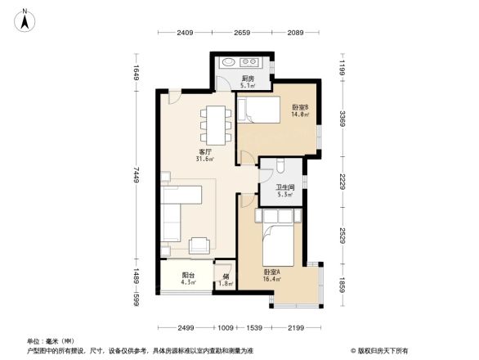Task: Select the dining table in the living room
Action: tap(214, 124)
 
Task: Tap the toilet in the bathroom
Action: tap(279, 168)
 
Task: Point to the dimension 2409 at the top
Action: tap(184, 33)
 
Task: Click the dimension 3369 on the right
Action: tap(344, 110)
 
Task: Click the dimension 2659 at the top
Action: tap(242, 33)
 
